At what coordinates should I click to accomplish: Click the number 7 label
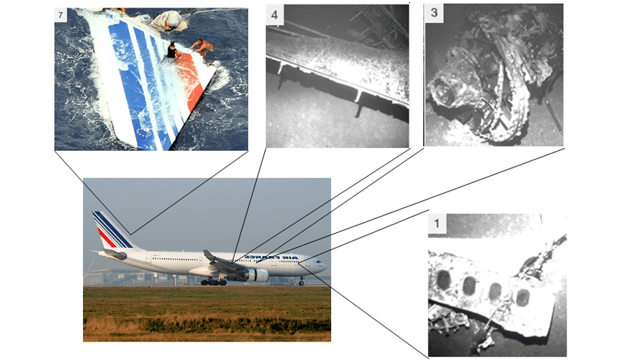(61, 16)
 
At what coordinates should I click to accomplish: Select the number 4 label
(275, 16)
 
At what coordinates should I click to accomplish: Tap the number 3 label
(434, 12)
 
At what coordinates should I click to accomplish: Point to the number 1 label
(437, 223)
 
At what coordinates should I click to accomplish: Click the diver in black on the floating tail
(172, 50)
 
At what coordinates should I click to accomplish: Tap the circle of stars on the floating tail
(144, 131)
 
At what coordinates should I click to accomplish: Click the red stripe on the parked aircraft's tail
(107, 238)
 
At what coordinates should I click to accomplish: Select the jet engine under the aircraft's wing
(255, 275)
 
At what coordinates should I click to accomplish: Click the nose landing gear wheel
(302, 283)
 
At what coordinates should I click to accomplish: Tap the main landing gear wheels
(213, 282)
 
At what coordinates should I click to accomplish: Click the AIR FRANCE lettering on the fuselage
(271, 257)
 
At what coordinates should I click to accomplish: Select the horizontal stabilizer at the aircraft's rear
(113, 254)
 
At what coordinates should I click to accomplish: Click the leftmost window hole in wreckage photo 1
(443, 279)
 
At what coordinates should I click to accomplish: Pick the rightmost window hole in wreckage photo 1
(522, 298)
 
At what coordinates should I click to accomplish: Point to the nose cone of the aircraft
(324, 266)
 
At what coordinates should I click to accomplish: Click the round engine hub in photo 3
(443, 92)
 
